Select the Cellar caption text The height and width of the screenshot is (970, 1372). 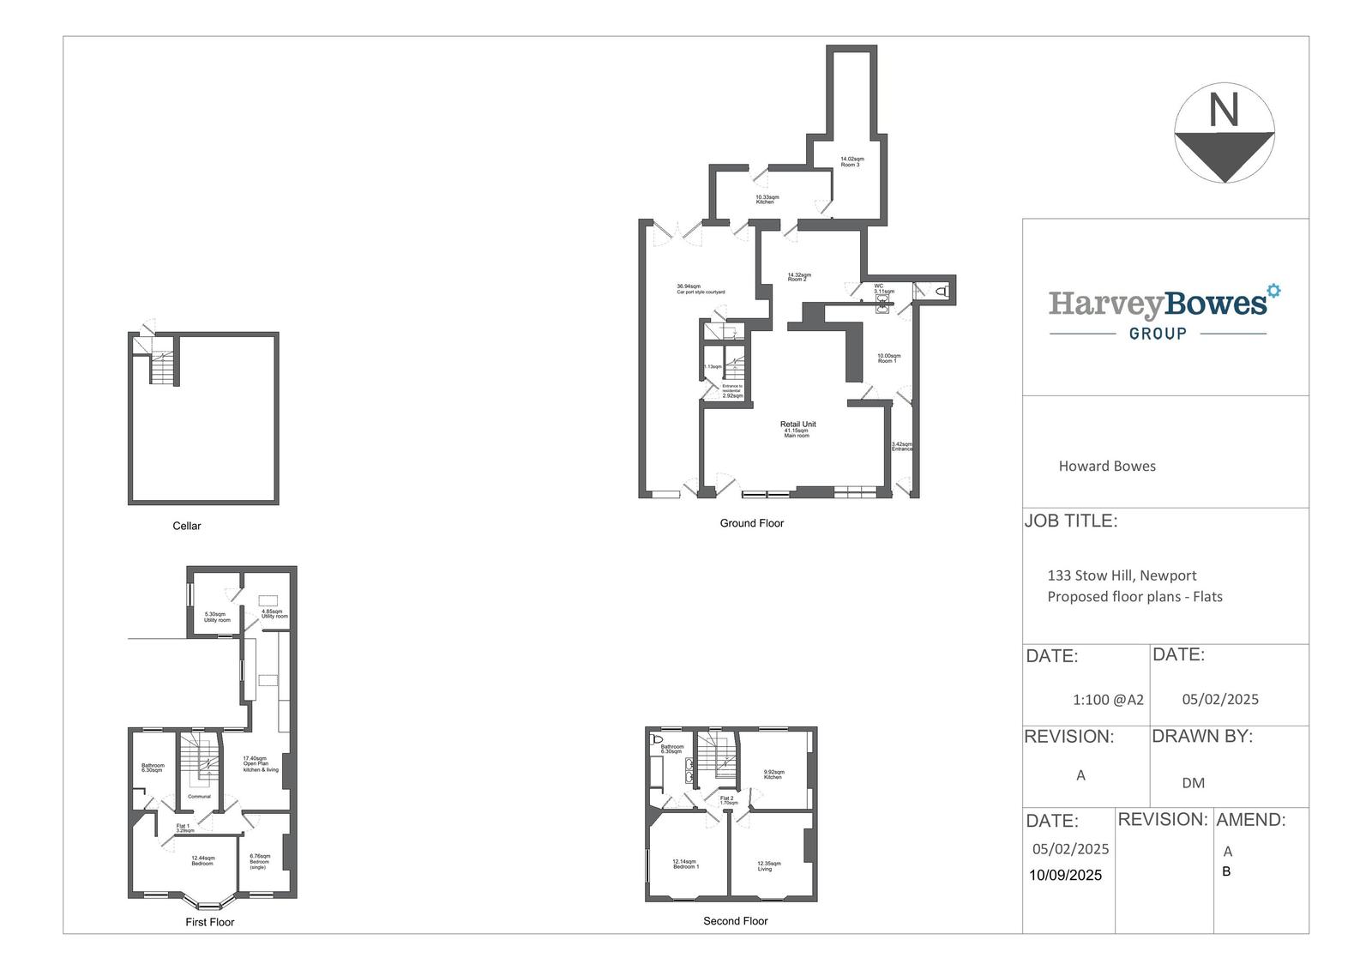point(187,526)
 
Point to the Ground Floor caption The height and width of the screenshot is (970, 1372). point(751,523)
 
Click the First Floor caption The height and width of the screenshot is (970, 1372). point(210,922)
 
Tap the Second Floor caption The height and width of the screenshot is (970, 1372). point(735,921)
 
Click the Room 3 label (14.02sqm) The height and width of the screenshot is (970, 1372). point(851,161)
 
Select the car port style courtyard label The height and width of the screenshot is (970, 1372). point(701,290)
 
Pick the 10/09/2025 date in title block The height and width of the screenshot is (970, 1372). point(1065,876)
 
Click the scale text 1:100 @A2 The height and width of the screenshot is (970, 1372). point(1108,700)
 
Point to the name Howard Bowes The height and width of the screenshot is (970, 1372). point(1106,467)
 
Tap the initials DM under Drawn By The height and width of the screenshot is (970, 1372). point(1193,783)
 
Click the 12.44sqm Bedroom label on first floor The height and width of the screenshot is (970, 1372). point(203,860)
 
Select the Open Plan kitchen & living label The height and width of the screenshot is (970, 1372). point(260,764)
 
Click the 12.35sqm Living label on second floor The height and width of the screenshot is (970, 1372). point(768,865)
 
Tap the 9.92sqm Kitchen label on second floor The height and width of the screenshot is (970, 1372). point(773,774)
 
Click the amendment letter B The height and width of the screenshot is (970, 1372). point(1226,871)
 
